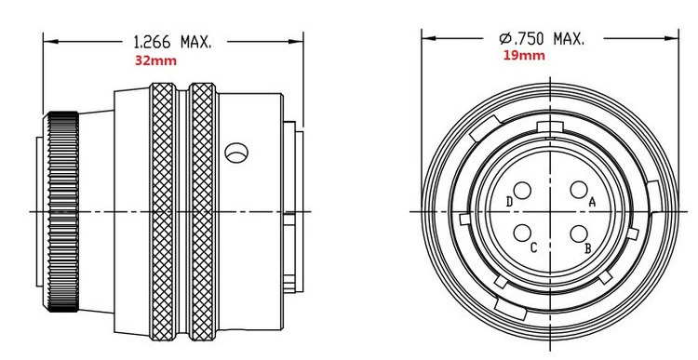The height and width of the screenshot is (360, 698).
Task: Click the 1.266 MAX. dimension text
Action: click(x=173, y=42)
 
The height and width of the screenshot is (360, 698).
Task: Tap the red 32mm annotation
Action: click(x=155, y=61)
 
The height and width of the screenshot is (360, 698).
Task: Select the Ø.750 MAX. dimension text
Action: click(x=542, y=39)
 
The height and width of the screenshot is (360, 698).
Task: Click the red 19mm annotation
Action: click(x=524, y=56)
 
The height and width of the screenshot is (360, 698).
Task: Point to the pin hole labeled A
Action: click(x=579, y=190)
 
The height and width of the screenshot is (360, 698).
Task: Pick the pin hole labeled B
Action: click(x=579, y=233)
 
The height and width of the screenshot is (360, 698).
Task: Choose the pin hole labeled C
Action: click(x=522, y=233)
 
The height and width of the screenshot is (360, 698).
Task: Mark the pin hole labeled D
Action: click(x=522, y=191)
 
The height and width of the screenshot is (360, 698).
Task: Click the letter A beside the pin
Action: click(x=592, y=203)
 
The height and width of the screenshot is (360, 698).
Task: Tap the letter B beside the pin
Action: click(x=587, y=249)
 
